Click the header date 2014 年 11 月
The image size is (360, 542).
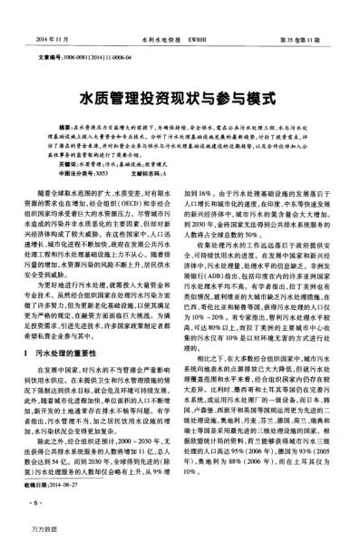(x=51, y=41)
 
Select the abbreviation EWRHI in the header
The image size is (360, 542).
(x=202, y=41)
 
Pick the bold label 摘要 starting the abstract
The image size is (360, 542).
(x=63, y=127)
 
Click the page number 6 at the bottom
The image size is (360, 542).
(x=34, y=500)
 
